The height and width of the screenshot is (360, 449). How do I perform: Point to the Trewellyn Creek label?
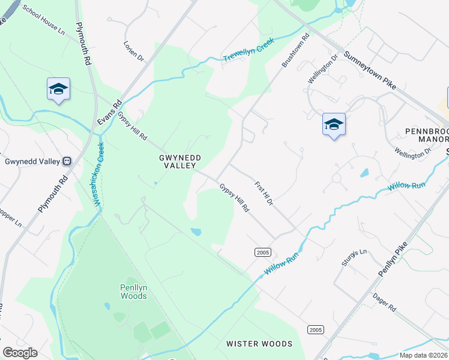point(249,50)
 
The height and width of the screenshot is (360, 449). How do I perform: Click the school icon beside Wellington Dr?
point(334,124)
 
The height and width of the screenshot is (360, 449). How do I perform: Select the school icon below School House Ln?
point(58,89)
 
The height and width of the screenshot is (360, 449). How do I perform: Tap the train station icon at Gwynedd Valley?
point(66,161)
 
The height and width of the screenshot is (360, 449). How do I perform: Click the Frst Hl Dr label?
point(264,194)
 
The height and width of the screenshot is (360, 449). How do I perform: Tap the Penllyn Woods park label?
point(133,292)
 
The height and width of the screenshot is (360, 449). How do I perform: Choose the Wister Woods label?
point(259,344)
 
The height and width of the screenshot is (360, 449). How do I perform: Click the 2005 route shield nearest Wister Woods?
point(315,330)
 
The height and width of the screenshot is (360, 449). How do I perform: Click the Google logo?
point(20,353)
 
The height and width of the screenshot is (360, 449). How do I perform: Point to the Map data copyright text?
point(423,355)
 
